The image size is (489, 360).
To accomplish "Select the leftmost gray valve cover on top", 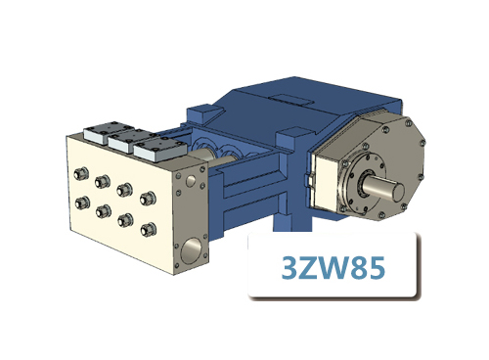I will click(101, 135).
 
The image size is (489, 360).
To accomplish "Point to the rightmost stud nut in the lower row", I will click(148, 230).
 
